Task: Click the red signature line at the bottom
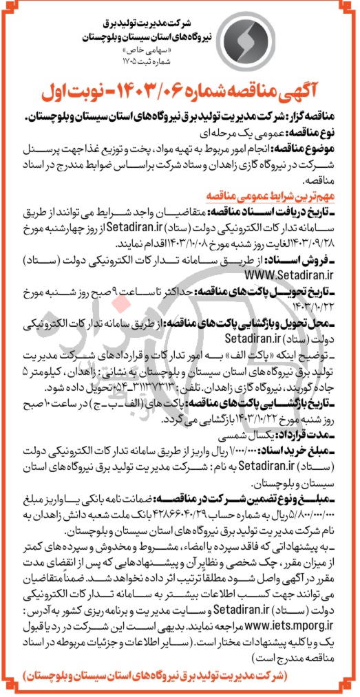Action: pyautogui.click(x=180, y=677)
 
